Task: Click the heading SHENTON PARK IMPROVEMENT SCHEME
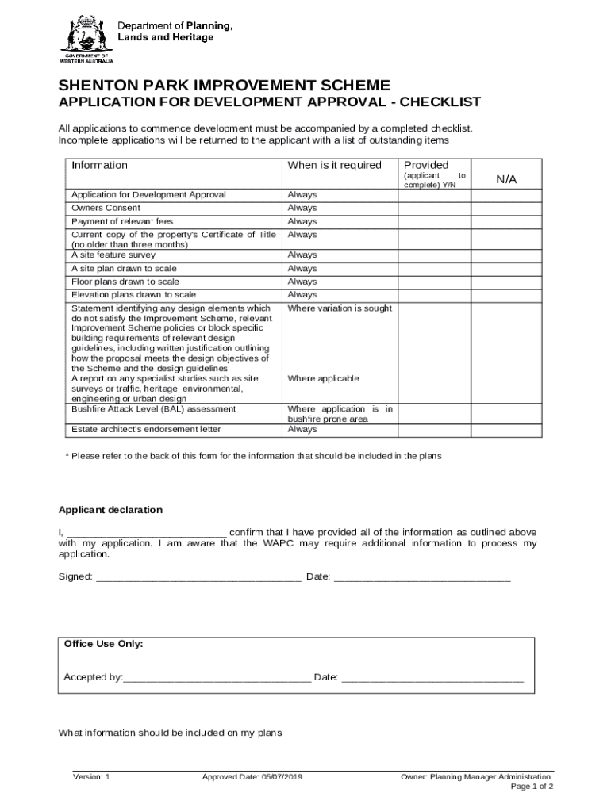[224, 86]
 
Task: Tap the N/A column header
[506, 179]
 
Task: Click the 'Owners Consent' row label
[106, 208]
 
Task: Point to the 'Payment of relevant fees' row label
[121, 221]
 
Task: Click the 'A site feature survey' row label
[113, 255]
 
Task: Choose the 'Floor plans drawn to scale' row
[125, 282]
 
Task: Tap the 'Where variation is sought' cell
[339, 308]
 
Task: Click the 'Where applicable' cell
[323, 379]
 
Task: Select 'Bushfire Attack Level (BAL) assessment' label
[153, 409]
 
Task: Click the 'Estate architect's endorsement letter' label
[146, 429]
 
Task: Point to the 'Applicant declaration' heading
[110, 510]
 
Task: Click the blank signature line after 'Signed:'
[198, 576]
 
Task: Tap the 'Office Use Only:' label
[103, 644]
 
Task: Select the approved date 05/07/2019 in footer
[252, 777]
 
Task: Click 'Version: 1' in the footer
[91, 777]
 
